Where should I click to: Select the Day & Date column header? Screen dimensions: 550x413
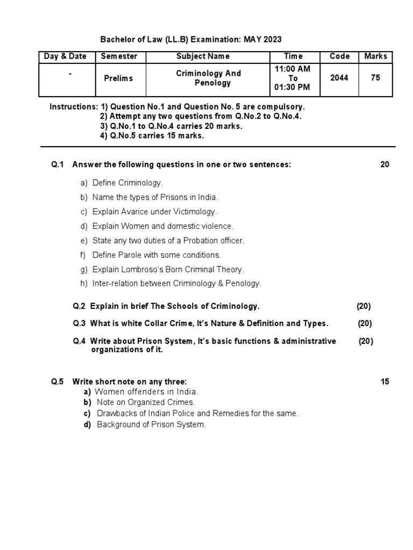pos(66,56)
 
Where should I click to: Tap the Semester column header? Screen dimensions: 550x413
pos(119,56)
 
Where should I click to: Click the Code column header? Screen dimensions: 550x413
pos(339,56)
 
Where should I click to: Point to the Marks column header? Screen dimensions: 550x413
pos(375,56)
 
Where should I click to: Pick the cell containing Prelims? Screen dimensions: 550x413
pos(118,78)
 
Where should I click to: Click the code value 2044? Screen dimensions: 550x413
pos(339,78)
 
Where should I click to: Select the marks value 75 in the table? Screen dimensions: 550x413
pos(375,78)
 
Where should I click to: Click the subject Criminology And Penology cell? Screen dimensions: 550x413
pos(209,78)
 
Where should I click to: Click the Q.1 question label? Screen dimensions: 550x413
pos(58,165)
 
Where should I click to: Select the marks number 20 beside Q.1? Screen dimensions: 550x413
pos(384,165)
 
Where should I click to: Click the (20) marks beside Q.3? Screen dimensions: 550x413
pos(365,323)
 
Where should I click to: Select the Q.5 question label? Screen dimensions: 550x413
pos(58,382)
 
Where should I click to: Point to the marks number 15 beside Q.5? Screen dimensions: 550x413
pos(384,382)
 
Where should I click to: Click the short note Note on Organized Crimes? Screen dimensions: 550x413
pos(146,402)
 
